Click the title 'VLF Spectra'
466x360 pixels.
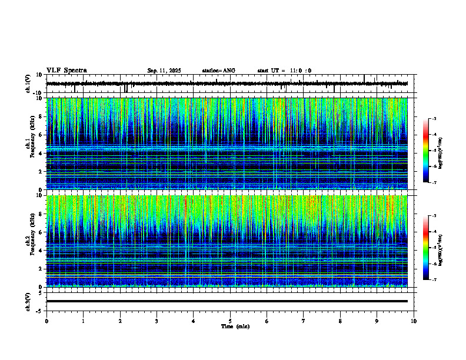point(66,71)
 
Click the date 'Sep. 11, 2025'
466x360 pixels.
point(164,71)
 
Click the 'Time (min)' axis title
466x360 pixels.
point(235,326)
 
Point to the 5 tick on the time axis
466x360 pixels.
point(230,321)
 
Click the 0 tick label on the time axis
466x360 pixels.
point(46,321)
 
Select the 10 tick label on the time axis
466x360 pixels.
point(414,321)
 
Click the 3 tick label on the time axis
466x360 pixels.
point(157,321)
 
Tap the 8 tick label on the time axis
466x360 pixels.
point(340,321)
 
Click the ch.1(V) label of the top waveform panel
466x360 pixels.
point(28,84)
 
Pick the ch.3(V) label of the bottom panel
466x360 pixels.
point(28,301)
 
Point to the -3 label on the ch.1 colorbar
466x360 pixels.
point(434,119)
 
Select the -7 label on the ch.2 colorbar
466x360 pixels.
point(434,280)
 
